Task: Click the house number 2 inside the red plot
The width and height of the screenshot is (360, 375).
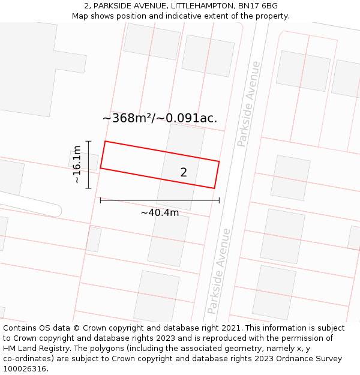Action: [x=184, y=173]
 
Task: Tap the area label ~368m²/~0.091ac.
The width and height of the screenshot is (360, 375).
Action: [x=160, y=118]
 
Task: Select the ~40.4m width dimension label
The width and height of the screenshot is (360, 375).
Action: [x=160, y=213]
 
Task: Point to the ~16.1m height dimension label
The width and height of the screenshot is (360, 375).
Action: [x=77, y=164]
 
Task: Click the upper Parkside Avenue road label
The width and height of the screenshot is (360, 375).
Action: [x=249, y=104]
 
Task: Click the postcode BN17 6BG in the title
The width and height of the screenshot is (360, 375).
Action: [x=257, y=6]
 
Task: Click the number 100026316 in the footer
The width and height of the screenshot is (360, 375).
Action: [x=26, y=368]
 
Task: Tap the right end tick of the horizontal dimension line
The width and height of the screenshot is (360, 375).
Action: [x=219, y=200]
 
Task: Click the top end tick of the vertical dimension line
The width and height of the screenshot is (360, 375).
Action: [x=88, y=141]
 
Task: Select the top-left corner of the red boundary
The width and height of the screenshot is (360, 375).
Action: [x=106, y=142]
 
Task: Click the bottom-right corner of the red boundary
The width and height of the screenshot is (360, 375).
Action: [x=214, y=188]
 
